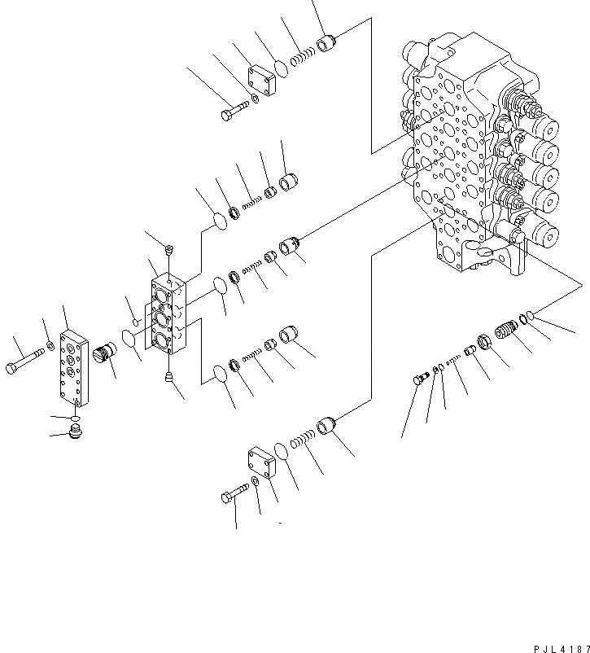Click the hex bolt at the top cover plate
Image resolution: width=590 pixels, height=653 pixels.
pos(232,112)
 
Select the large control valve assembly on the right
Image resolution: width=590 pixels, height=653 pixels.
pos(480,155)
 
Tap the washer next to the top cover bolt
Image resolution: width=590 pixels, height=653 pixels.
pos(256,99)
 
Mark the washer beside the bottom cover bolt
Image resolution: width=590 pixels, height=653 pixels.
pos(256,483)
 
